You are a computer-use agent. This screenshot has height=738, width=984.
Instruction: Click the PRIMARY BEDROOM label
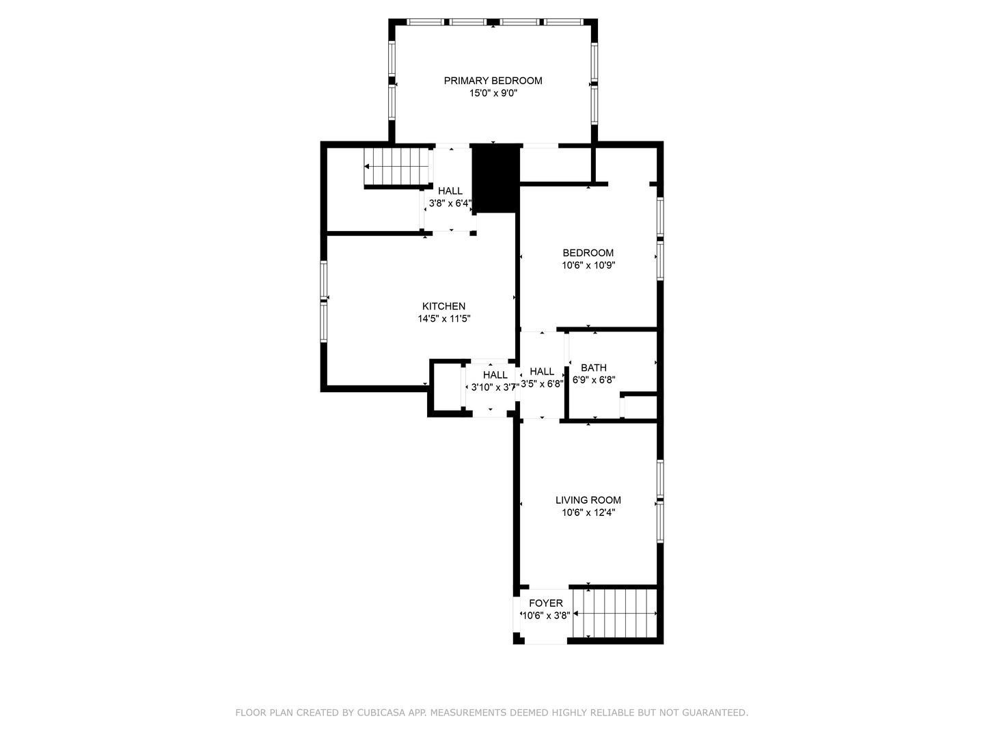pos(493,81)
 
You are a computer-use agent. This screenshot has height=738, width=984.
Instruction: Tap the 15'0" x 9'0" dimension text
pos(493,93)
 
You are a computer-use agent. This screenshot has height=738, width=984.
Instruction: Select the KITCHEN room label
pos(443,306)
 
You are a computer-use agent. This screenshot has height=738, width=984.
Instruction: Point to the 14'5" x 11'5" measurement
pos(443,318)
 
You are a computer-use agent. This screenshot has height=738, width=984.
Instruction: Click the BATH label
pos(594,368)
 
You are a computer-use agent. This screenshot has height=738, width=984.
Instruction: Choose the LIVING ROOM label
pos(588,500)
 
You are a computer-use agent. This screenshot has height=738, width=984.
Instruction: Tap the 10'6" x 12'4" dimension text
pos(588,512)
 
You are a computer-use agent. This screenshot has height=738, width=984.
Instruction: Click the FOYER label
pos(545,603)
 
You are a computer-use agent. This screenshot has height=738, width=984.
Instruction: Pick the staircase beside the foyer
pos(614,613)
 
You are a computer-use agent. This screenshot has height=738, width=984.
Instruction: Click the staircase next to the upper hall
pos(397,166)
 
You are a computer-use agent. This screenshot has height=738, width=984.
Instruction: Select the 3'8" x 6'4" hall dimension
pos(450,204)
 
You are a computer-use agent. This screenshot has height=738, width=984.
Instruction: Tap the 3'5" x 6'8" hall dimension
pos(541,384)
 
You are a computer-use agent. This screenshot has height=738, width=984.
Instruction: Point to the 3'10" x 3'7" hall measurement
pos(495,387)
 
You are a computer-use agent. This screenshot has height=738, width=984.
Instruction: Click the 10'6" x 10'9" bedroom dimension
pos(588,265)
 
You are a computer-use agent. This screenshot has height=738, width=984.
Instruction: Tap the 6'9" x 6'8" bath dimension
pos(594,380)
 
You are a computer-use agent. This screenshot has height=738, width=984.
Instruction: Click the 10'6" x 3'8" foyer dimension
pos(546,616)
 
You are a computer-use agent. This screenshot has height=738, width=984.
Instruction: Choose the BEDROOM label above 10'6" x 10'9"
pos(588,253)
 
